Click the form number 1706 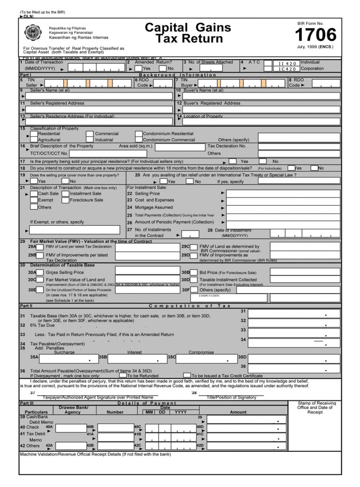315,35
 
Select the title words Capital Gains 187,28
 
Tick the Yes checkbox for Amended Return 139,68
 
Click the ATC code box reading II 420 287,63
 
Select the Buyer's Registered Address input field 261,109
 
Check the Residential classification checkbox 34,134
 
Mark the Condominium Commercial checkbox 139,140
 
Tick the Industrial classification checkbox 91,140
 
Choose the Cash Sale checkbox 34,194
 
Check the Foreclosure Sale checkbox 66,200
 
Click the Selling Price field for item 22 284,194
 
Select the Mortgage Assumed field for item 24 284,207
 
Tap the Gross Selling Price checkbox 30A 40,272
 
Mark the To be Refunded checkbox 123,375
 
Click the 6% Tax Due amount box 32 294,322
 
